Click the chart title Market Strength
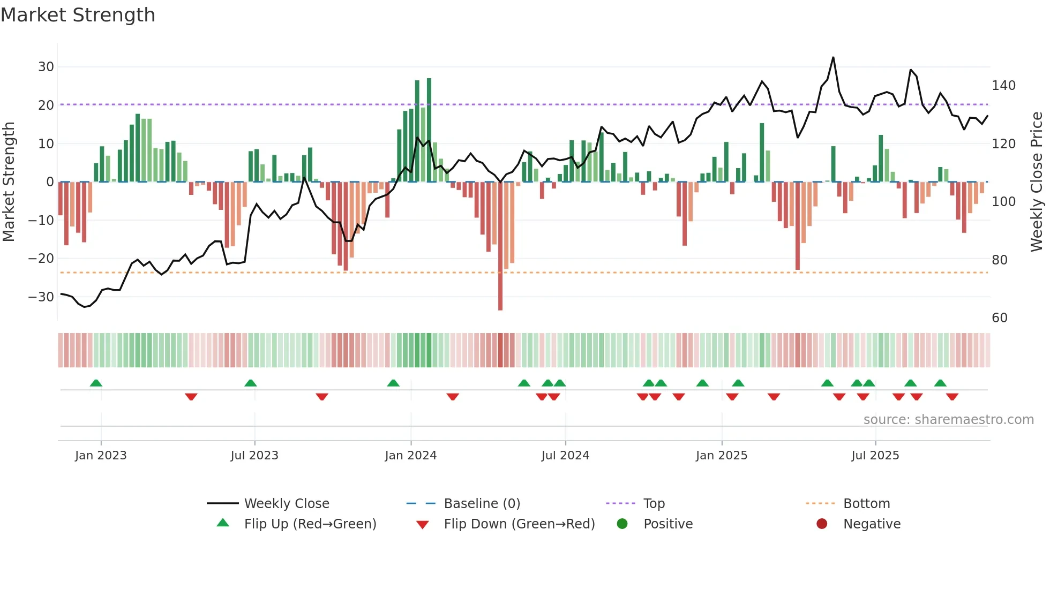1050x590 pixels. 78,15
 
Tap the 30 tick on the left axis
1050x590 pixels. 46,67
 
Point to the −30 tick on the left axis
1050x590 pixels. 41,297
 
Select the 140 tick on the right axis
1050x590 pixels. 1003,86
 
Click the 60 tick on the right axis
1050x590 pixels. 1000,318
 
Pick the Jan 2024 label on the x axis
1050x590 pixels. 410,456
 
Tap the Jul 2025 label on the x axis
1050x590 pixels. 875,456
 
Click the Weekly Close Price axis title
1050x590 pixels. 1037,182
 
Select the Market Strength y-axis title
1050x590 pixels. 9,182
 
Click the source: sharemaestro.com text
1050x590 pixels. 948,420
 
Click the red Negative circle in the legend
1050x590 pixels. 822,524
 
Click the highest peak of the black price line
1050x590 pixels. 833,58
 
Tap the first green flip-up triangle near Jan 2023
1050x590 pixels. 96,383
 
